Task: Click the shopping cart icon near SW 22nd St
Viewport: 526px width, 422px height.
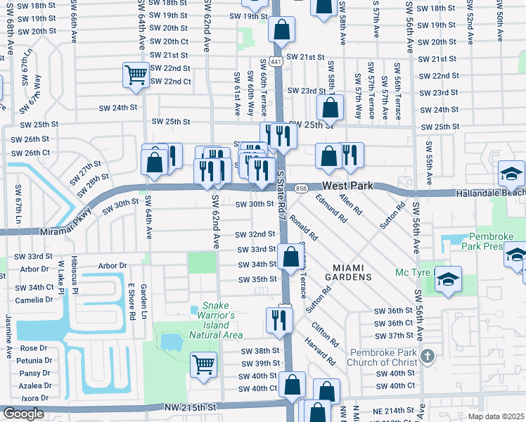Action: (x=136, y=74)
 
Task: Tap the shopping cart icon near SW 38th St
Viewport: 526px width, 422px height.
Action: (x=203, y=364)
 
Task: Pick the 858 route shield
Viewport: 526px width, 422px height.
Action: (x=302, y=188)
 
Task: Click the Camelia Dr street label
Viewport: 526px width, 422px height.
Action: (x=32, y=299)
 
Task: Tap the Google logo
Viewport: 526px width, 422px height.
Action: (x=23, y=414)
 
